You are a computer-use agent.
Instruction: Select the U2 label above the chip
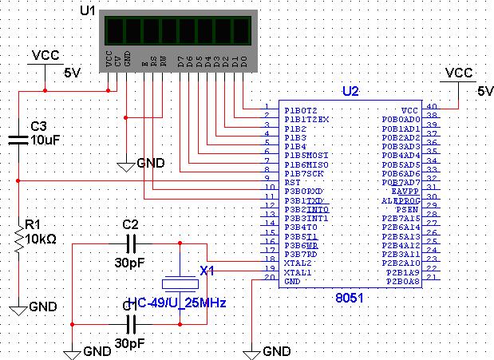point(350,91)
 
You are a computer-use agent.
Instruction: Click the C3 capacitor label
point(39,126)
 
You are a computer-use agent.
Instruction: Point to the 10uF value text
point(45,140)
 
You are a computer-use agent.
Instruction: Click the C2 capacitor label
point(131,225)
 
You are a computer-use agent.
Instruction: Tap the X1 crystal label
point(207,271)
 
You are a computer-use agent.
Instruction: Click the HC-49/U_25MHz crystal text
point(177,303)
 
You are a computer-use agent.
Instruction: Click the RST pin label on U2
point(293,181)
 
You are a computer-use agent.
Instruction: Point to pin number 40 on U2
point(432,107)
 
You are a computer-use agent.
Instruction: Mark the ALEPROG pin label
point(404,200)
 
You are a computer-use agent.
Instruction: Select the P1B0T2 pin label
point(302,109)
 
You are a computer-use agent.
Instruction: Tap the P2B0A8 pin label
point(402,280)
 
